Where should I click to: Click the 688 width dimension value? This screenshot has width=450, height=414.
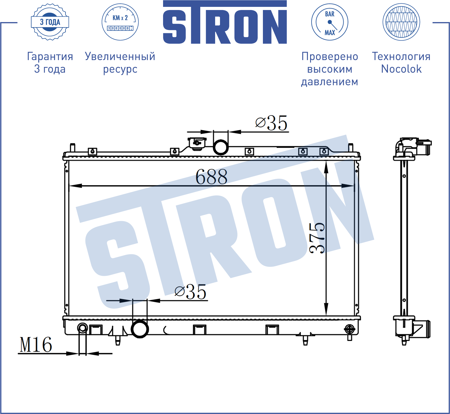coord(211,177)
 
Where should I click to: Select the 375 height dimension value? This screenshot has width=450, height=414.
coord(317,238)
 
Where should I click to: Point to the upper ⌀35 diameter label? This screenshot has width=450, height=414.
coord(271,123)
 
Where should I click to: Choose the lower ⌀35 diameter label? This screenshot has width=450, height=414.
coord(190,292)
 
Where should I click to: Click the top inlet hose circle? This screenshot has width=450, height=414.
coord(221,147)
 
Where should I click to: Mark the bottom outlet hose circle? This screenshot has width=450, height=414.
coord(140,329)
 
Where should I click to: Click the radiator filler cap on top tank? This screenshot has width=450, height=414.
coord(197,143)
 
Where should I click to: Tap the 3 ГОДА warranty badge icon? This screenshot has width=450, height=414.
coord(50,22)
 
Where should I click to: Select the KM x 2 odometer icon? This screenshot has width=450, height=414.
coord(120,22)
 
